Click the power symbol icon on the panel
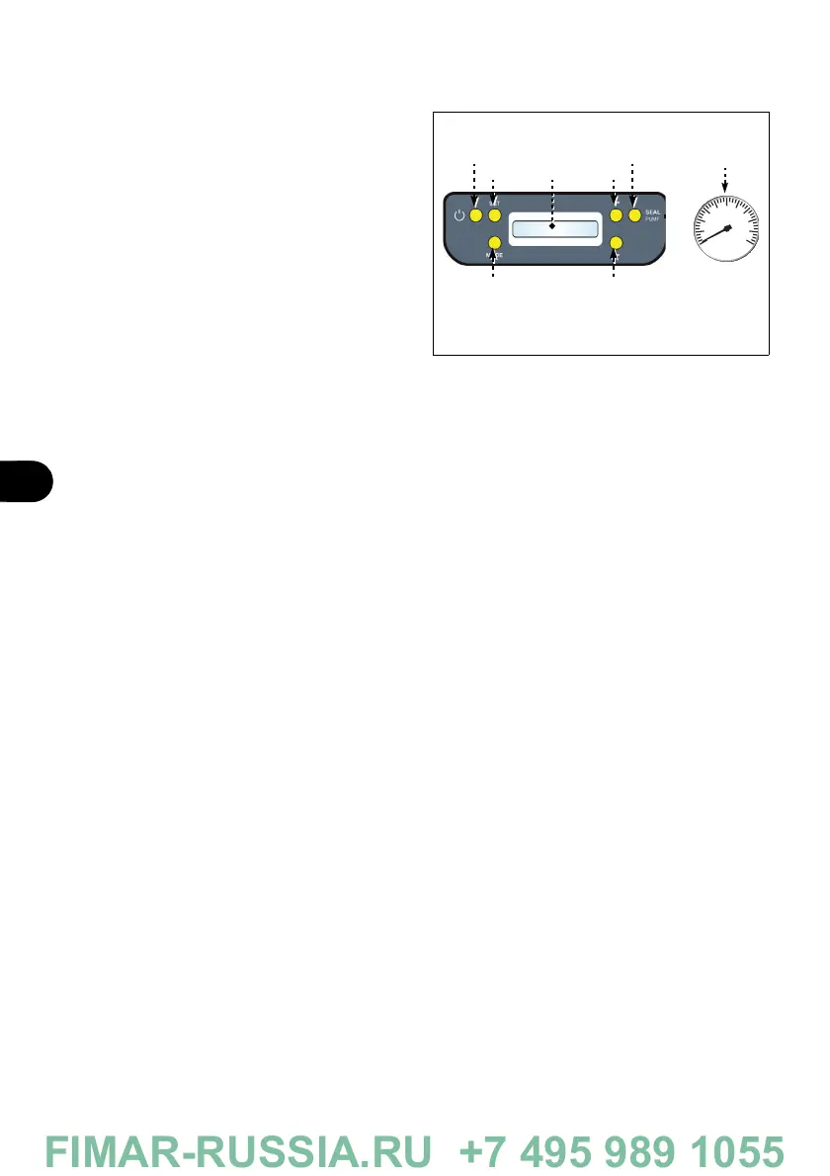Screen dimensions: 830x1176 (x=457, y=215)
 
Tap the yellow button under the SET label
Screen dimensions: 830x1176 (x=494, y=215)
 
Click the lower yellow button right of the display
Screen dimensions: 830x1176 (x=616, y=243)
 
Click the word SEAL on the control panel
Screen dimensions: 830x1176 (x=652, y=211)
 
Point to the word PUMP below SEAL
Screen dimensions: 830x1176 (x=652, y=220)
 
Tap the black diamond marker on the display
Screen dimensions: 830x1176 (x=553, y=226)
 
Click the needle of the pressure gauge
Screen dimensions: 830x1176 (x=714, y=235)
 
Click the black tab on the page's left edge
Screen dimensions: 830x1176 (x=24, y=480)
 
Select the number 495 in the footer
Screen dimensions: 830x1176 (x=544, y=1150)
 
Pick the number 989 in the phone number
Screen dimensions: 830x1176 (x=633, y=1150)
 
